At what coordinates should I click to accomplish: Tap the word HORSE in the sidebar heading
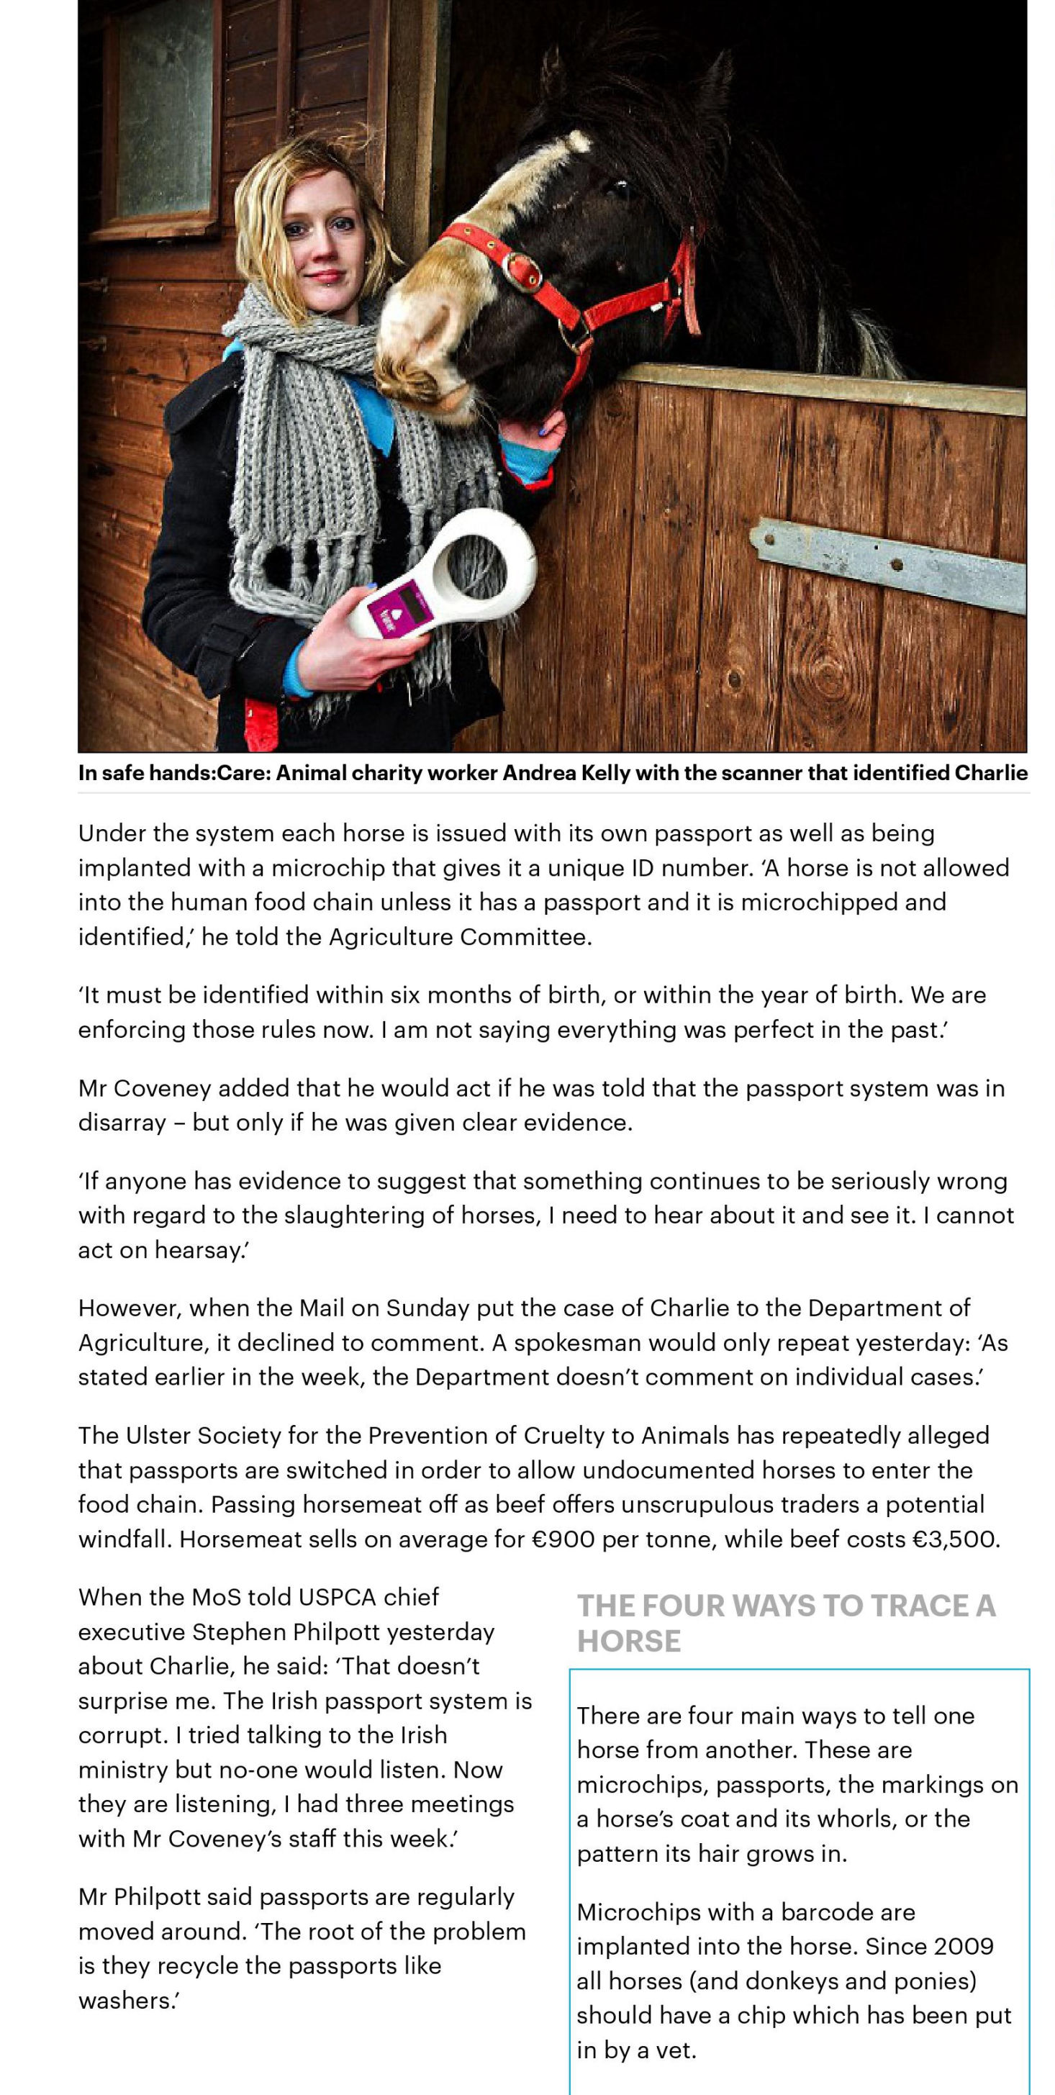(628, 1640)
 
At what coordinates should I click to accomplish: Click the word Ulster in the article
(155, 1436)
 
